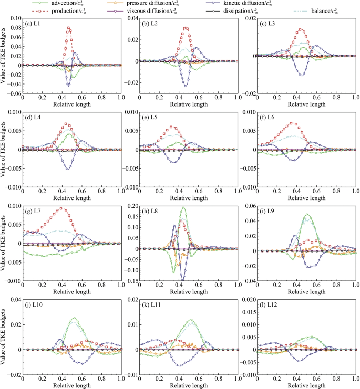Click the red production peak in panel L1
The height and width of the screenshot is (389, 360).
68,28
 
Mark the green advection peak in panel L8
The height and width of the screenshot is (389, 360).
183,207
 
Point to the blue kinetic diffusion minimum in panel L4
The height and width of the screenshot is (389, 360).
67,169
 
